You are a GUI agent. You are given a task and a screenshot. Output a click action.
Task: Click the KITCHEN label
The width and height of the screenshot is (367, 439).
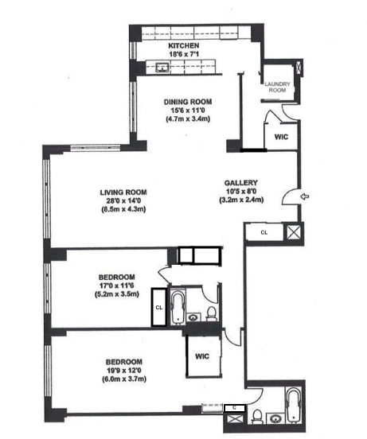click(x=182, y=47)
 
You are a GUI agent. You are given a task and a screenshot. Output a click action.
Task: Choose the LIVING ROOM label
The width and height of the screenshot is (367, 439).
click(x=119, y=192)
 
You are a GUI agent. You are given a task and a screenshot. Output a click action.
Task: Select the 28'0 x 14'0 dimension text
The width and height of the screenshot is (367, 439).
click(x=119, y=201)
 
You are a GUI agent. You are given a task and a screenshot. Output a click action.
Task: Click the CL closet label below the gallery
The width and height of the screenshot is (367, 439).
click(x=264, y=232)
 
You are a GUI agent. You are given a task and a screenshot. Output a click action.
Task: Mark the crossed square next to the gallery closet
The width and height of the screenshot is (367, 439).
click(x=293, y=233)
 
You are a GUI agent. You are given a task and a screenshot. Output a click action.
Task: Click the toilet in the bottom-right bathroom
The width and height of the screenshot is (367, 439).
click(x=257, y=414)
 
